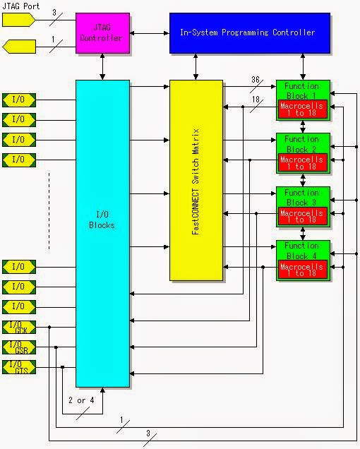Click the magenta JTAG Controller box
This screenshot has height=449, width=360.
103,32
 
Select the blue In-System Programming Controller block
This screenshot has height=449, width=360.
250,32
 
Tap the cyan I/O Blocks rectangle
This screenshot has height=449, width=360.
103,233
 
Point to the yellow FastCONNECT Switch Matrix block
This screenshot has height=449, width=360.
196,180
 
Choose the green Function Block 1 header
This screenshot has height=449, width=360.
302,90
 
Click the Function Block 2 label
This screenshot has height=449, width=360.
302,143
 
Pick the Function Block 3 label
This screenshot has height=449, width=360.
302,197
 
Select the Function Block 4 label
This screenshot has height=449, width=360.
302,251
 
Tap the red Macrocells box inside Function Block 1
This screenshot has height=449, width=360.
302,109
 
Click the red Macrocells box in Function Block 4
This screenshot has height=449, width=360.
302,270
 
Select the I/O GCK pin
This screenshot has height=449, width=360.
19,328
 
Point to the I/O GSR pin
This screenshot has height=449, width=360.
19,347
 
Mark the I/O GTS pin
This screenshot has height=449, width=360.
19,367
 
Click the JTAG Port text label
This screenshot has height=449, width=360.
21,6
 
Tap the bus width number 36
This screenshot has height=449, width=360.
256,80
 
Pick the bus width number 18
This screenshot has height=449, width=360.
256,100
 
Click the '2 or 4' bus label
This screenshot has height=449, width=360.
81,400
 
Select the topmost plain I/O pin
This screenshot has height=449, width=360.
19,100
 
